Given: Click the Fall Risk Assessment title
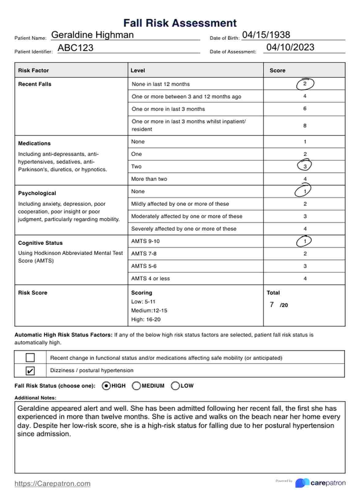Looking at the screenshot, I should coord(180,23).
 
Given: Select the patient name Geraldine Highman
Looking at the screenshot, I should coord(92,35).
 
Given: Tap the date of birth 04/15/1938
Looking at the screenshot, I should coord(266,35).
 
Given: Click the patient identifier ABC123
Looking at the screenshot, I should coord(75,48).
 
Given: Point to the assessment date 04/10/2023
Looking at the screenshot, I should coord(290,47).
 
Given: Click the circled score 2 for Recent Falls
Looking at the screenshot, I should coord(305,84).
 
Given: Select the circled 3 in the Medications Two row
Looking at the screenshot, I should coord(305,166).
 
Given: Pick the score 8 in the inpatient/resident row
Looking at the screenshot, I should coord(305,126).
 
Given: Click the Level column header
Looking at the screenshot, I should coord(138,70).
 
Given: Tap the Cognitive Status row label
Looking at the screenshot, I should coord(40,243).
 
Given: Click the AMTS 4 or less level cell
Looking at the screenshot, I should coord(150,279).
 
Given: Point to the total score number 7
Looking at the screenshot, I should coord(272,305).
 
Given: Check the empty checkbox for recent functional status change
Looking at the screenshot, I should coord(30,358).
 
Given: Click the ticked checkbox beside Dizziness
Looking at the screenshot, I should coord(30,371).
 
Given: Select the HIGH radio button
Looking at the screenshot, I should coord(106,386).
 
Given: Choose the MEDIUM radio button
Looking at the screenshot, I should coord(136,386).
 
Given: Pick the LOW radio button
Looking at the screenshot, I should coord(175,386).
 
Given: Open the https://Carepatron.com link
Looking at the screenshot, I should coord(52,484).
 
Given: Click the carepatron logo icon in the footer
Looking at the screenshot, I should coord(302,483).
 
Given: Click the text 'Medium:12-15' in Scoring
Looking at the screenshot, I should coord(149,310).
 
